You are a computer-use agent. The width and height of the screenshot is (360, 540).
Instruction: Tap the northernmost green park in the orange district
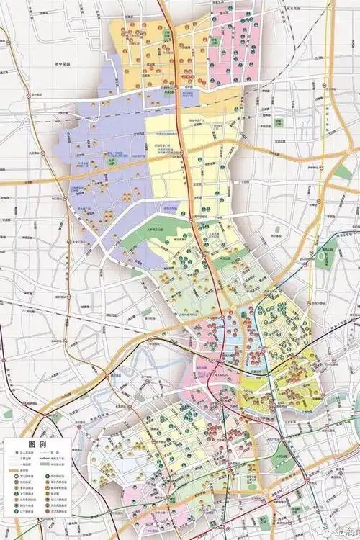tap(166, 33)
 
